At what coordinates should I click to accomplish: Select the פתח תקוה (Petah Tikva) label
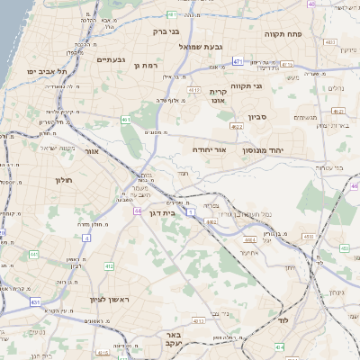click(x=282, y=33)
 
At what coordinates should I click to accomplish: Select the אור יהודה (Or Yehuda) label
click(x=210, y=150)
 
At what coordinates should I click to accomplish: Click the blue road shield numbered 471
click(x=238, y=61)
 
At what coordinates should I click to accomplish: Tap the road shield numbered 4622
click(x=261, y=127)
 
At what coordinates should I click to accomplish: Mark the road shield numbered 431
click(x=34, y=301)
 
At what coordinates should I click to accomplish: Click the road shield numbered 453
click(x=308, y=237)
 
